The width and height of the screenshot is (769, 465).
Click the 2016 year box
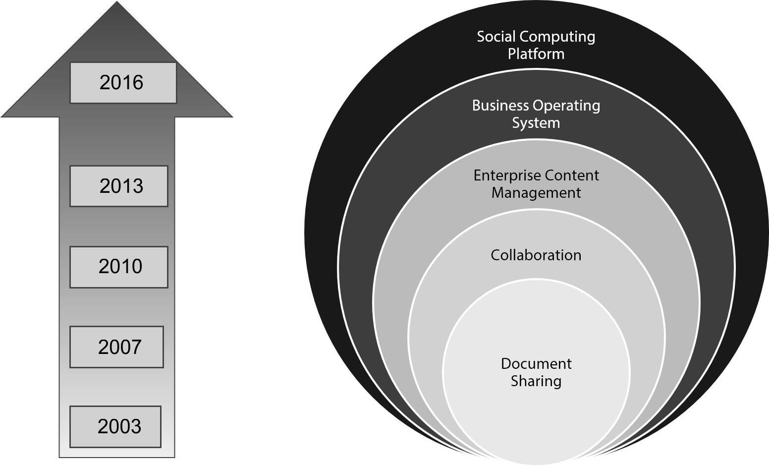pos(123,83)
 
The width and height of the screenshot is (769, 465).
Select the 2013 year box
pos(119,186)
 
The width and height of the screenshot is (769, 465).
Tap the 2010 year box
pos(119,267)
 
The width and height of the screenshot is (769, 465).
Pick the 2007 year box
pos(116,347)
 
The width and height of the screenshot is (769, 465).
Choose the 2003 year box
pos(115,427)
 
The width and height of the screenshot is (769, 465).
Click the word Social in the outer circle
pos(496,37)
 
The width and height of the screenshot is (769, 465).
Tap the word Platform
pos(536,54)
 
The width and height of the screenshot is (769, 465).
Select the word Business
pos(500,106)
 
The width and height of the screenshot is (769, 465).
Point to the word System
pos(536,123)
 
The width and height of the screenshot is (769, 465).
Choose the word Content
pos(569,175)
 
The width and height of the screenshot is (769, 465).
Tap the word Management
pos(536,192)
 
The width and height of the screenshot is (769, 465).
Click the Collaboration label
pos(536,255)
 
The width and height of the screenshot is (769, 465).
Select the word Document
pos(536,364)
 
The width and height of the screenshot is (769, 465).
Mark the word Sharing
pos(536,381)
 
